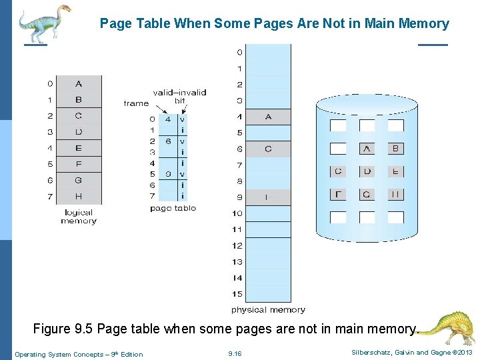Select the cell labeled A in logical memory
pyautogui.click(x=79, y=83)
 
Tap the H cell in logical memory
pyautogui.click(x=79, y=196)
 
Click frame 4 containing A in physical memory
pyautogui.click(x=268, y=117)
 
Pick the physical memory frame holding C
pyautogui.click(x=268, y=149)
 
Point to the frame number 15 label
pyautogui.click(x=237, y=294)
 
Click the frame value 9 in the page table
pyautogui.click(x=169, y=175)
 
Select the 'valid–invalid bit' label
pyautogui.click(x=179, y=96)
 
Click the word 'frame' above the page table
pyautogui.click(x=136, y=103)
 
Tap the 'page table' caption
pyautogui.click(x=173, y=208)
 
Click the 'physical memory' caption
pyautogui.click(x=268, y=309)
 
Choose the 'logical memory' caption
pyautogui.click(x=79, y=217)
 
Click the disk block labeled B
pyautogui.click(x=395, y=148)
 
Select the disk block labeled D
pyautogui.click(x=367, y=171)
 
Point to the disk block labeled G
pyautogui.click(x=367, y=194)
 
